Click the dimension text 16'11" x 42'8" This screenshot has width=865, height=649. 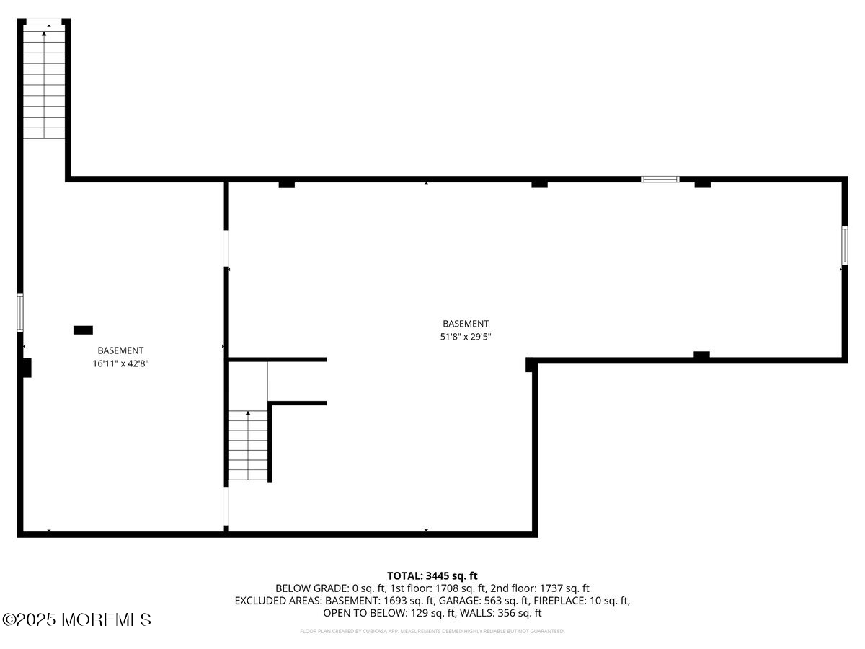tap(120, 364)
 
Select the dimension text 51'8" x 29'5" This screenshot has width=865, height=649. tap(466, 337)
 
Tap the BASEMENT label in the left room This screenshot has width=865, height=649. tap(120, 351)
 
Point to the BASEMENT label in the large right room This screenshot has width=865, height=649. tap(466, 324)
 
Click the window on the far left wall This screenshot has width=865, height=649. tap(20, 312)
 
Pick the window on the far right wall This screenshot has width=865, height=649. tap(844, 244)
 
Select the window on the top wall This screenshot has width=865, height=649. tap(660, 179)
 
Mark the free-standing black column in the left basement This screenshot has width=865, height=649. tap(83, 330)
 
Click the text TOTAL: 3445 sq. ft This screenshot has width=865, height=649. tap(432, 575)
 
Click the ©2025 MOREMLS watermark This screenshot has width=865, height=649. tap(77, 619)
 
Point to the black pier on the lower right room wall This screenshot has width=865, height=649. tap(701, 355)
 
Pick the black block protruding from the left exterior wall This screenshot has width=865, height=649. tap(27, 367)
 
